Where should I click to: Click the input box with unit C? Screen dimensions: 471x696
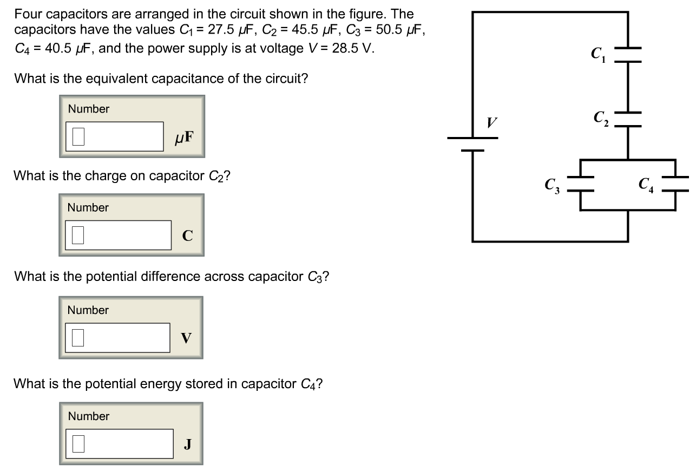point(118,235)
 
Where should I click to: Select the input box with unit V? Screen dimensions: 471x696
point(118,337)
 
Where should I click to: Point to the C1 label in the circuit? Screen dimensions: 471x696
point(598,54)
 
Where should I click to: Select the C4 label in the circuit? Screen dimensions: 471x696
point(646,186)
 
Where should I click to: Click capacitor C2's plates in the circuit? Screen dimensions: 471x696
point(628,119)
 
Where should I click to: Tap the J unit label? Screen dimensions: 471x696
point(187,444)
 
